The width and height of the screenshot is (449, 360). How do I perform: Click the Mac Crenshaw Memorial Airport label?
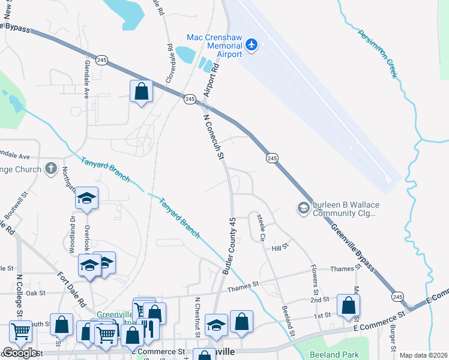coord(214,46)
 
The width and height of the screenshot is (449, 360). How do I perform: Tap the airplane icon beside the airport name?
coord(252,44)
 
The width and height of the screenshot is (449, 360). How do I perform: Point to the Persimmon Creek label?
coord(378,53)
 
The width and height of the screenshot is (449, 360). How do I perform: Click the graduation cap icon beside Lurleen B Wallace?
coord(303,208)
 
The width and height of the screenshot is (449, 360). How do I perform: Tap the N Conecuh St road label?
coord(213,137)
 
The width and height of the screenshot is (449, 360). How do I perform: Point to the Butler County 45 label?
coord(230,247)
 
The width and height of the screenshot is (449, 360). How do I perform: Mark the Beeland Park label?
coord(334,355)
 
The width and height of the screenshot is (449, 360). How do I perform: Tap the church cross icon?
coord(51,169)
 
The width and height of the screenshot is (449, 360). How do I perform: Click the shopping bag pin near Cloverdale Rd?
coord(142,92)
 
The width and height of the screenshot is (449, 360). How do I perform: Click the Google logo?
coord(20,353)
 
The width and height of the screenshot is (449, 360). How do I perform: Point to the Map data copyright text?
coord(424,355)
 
